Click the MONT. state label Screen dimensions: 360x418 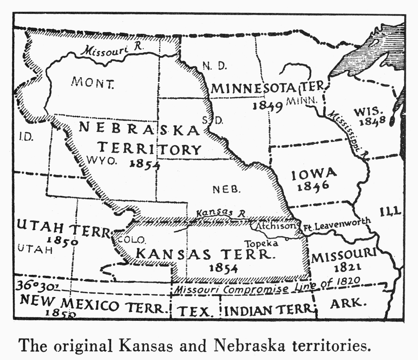(92, 82)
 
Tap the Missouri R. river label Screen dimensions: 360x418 (112, 51)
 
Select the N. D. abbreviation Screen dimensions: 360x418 (214, 66)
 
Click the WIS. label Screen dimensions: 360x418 (368, 112)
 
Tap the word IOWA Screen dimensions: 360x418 (313, 173)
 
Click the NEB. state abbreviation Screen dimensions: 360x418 (227, 190)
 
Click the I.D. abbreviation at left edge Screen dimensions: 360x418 (26, 137)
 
